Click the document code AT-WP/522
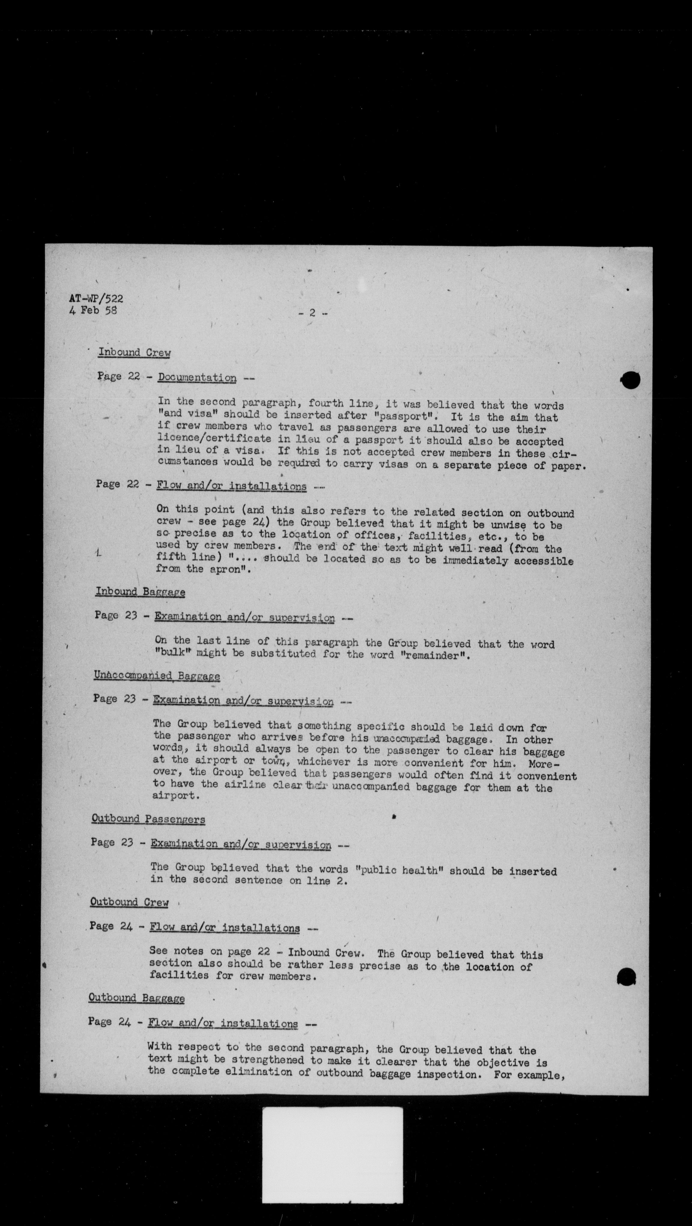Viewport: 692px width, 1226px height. (96, 298)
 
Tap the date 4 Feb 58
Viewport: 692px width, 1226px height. (93, 310)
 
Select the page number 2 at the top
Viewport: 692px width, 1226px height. (312, 313)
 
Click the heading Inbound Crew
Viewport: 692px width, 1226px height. (134, 353)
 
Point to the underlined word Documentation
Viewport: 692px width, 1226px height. (197, 378)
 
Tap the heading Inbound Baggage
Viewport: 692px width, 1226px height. (140, 592)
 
